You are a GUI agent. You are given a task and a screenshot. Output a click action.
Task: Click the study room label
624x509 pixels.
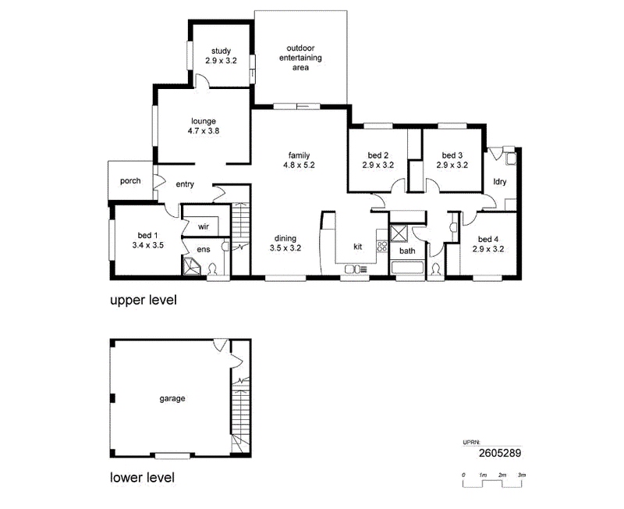[221, 51]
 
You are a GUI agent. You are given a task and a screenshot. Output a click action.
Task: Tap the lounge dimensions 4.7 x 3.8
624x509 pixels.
[204, 130]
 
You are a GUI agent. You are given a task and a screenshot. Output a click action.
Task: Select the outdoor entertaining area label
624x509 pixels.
[300, 58]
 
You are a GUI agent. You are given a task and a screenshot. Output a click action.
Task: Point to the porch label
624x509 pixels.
[130, 181]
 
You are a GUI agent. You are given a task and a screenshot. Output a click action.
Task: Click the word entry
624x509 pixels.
[185, 184]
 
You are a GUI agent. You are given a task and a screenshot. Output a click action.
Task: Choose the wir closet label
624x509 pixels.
[204, 226]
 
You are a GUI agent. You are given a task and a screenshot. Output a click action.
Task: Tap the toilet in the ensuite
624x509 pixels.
[212, 269]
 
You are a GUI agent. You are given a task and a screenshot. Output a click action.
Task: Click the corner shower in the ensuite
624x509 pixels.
[193, 265]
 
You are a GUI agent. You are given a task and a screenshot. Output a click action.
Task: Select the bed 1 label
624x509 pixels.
[147, 236]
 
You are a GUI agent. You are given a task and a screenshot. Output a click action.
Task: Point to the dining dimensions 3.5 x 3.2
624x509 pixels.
[285, 247]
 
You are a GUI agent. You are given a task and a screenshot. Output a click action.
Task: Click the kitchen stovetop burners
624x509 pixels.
[382, 246]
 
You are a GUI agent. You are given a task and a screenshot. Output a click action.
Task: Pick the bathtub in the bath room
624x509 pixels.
[407, 267]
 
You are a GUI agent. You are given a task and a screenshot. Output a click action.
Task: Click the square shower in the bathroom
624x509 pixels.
[399, 233]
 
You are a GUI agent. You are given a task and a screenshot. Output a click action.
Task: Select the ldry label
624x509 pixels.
[500, 182]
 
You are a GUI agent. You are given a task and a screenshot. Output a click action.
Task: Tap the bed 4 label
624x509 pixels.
[488, 240]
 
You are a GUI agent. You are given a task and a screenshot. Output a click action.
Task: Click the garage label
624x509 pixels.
[172, 398]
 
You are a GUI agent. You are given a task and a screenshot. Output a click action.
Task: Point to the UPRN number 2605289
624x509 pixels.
[500, 453]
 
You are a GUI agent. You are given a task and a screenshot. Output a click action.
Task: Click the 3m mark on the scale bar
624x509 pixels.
[522, 475]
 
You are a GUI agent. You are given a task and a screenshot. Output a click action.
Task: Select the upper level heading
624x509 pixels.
[144, 300]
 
